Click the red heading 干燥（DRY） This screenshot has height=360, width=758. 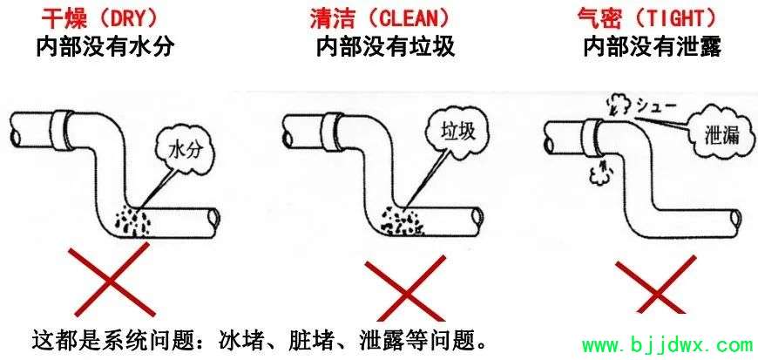pyautogui.click(x=99, y=18)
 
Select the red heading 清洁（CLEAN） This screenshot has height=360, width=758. pyautogui.click(x=380, y=19)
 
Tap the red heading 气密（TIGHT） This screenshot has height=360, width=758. pyautogui.click(x=646, y=19)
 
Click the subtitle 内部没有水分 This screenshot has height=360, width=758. pyautogui.click(x=105, y=47)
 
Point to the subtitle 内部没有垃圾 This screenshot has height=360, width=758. pyautogui.click(x=385, y=47)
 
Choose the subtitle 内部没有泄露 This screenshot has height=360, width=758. pyautogui.click(x=652, y=47)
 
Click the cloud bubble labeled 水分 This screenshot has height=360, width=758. pyautogui.click(x=184, y=152)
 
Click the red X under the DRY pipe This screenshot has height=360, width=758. pyautogui.click(x=110, y=281)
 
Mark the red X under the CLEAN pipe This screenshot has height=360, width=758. pyautogui.click(x=404, y=289)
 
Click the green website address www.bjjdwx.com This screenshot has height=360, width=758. pyautogui.click(x=667, y=345)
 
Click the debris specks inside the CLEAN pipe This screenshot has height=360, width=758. pyautogui.click(x=402, y=221)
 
